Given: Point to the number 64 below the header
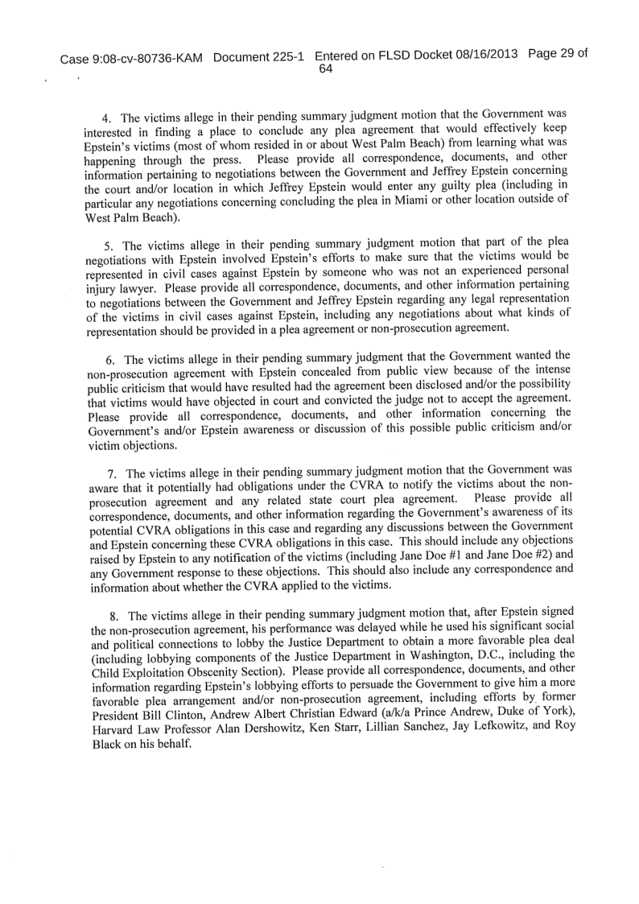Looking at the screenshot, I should tap(325, 69).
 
